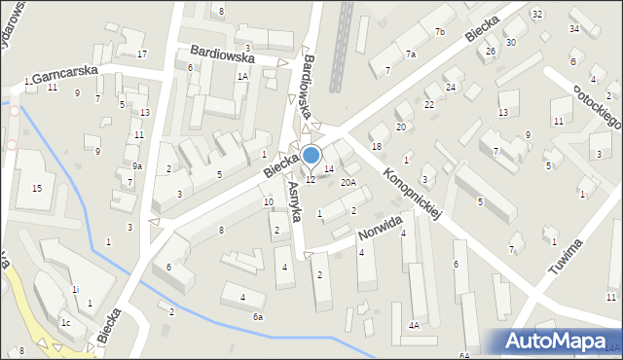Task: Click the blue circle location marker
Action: [x=311, y=155]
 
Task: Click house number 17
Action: [x=142, y=54]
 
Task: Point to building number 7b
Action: [x=440, y=33]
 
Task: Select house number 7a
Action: [x=411, y=54]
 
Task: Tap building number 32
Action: [x=537, y=14]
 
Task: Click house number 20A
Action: [x=348, y=182]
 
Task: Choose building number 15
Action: [x=37, y=188]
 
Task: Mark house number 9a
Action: [x=137, y=166]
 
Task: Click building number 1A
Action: [x=242, y=76]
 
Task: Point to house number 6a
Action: [x=258, y=317]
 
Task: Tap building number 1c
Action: [x=66, y=323]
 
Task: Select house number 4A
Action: [x=414, y=326]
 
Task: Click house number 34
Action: [x=574, y=28]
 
